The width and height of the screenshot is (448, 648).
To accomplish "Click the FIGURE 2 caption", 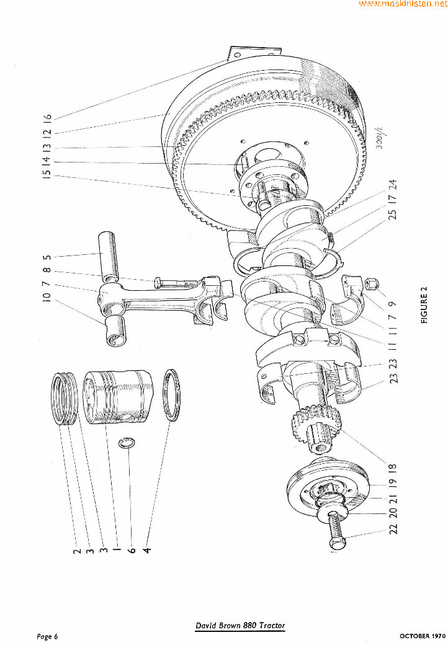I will pyautogui.click(x=424, y=307).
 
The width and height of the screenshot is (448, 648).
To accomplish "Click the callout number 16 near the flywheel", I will pyautogui.click(x=47, y=117).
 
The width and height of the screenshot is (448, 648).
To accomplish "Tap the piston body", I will pyautogui.click(x=118, y=398).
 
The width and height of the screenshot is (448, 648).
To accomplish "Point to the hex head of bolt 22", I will pyautogui.click(x=336, y=541).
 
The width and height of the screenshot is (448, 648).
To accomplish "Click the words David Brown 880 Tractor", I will pyautogui.click(x=240, y=626).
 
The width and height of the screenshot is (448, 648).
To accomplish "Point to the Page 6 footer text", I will pyautogui.click(x=47, y=636).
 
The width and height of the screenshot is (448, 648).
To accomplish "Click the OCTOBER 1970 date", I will pyautogui.click(x=423, y=636).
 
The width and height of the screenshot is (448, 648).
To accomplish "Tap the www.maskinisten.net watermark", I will pyautogui.click(x=403, y=4).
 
